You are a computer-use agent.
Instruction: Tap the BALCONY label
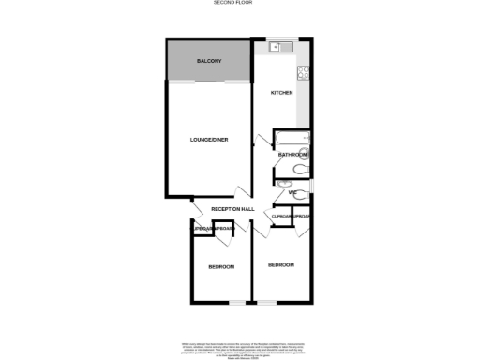(x=208, y=62)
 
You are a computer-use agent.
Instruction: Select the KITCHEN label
(x=282, y=93)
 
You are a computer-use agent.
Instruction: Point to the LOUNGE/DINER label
(x=210, y=141)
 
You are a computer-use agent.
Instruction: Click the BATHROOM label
(x=293, y=154)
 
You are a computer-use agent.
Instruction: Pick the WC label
(x=292, y=192)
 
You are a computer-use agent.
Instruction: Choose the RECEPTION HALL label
(x=232, y=208)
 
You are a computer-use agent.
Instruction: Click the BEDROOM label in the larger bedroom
(x=281, y=265)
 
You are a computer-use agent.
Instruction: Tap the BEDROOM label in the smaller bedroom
(x=221, y=268)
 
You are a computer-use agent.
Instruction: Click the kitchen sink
(x=278, y=47)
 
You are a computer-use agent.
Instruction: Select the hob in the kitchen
(x=304, y=74)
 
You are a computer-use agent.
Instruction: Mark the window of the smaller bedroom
(x=237, y=303)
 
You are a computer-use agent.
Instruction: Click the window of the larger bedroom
(x=267, y=303)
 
